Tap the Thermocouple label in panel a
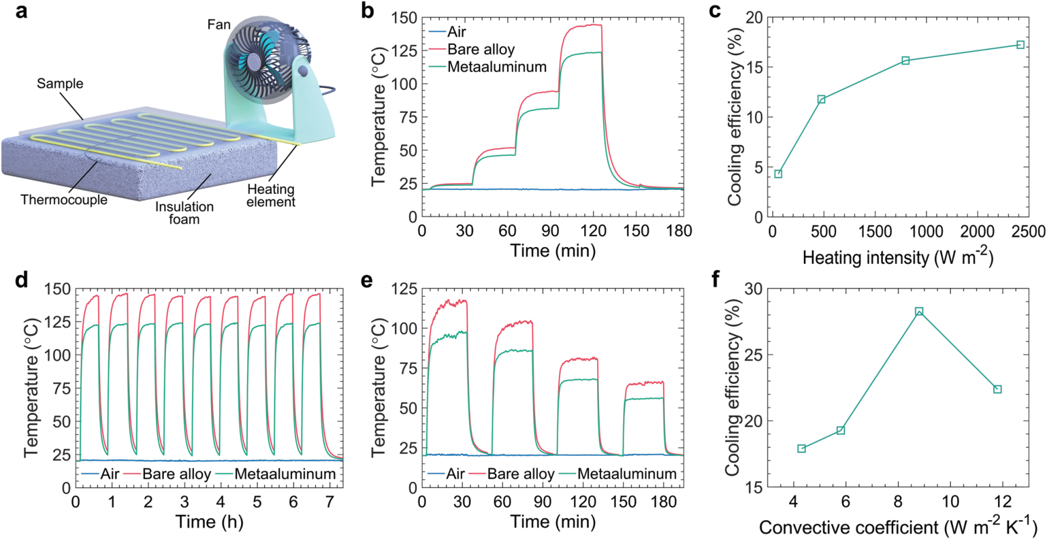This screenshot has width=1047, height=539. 64,199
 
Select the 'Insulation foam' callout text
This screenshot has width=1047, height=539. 184,213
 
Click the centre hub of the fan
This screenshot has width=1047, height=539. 255,60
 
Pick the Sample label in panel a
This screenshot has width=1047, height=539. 60,84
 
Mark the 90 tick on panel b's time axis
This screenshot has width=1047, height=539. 551,231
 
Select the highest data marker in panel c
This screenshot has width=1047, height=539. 1020,45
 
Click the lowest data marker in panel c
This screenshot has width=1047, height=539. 778,174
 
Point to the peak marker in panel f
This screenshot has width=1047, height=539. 919,311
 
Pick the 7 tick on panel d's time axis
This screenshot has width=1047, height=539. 328,501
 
